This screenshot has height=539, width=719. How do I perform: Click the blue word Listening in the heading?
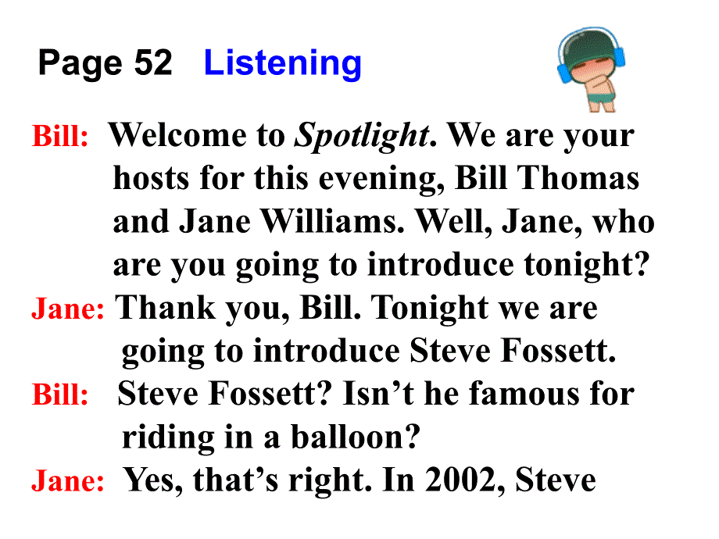[282, 64]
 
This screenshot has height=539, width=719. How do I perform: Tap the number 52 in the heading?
[153, 62]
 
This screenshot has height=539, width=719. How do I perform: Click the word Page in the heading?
[80, 64]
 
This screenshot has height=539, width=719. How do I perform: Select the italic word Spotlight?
[363, 136]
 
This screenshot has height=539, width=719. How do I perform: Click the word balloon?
[356, 437]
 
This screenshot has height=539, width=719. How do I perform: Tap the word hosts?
[151, 178]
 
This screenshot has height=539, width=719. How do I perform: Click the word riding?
[168, 438]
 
